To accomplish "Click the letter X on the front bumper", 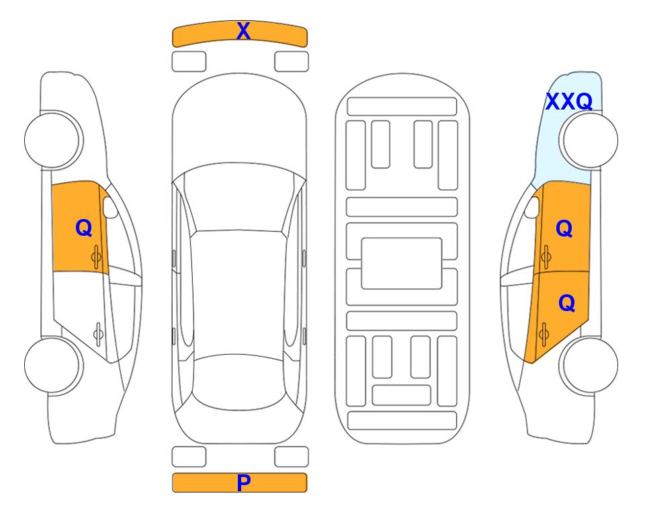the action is pyautogui.click(x=243, y=31).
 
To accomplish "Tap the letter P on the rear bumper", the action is pyautogui.click(x=244, y=482).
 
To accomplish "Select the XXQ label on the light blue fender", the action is pyautogui.click(x=569, y=101).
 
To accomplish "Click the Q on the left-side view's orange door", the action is pyautogui.click(x=84, y=228).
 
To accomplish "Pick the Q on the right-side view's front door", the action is pyautogui.click(x=564, y=228).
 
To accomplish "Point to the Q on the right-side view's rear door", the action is pyautogui.click(x=566, y=304).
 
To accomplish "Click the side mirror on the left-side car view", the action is pyautogui.click(x=110, y=207).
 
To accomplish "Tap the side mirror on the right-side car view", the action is pyautogui.click(x=532, y=207).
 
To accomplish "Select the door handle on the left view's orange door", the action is pyautogui.click(x=96, y=257).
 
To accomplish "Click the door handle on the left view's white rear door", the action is pyautogui.click(x=98, y=333).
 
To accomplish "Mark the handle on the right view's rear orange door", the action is pyautogui.click(x=544, y=335).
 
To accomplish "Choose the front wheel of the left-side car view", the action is pyautogui.click(x=54, y=140).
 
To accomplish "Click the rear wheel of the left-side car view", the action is pyautogui.click(x=54, y=365).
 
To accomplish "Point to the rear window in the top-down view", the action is pyautogui.click(x=239, y=382).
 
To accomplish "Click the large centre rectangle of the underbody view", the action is pyautogui.click(x=402, y=263).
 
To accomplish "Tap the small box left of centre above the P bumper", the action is pyautogui.click(x=189, y=457).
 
